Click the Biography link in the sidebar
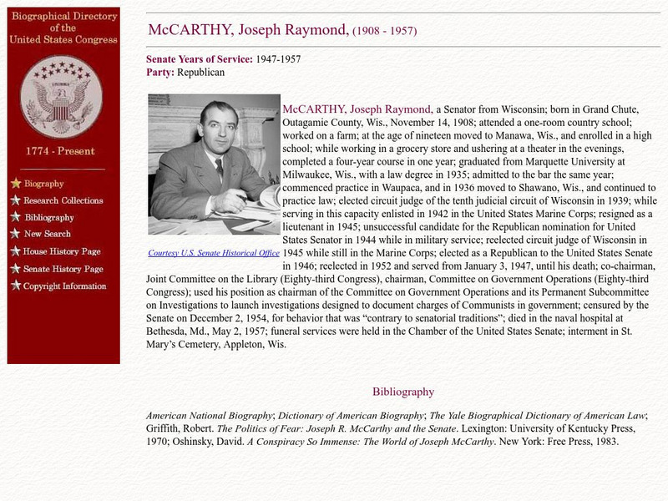tap(43, 184)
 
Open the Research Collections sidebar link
tap(63, 200)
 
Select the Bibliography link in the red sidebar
tap(49, 218)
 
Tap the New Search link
tap(47, 235)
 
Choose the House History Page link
tap(62, 251)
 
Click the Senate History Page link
tap(63, 269)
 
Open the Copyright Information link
tap(65, 286)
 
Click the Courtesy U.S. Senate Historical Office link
tap(214, 252)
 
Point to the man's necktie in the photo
tap(219, 170)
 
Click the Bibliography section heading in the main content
tap(403, 392)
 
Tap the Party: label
tap(160, 73)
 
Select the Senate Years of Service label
tap(199, 59)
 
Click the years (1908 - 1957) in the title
tap(384, 32)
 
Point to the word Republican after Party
tap(201, 73)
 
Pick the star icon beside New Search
tap(15, 235)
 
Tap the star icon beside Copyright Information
tap(15, 286)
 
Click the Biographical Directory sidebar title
tap(63, 27)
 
